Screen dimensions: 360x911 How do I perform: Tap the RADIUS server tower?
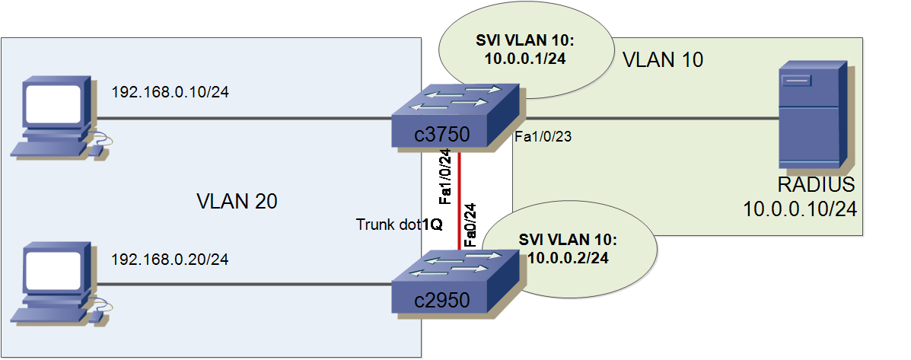click(x=812, y=116)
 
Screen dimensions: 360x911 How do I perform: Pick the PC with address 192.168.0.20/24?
click(x=58, y=282)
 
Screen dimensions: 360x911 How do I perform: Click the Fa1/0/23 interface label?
click(x=543, y=138)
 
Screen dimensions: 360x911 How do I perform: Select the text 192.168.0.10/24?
click(x=170, y=93)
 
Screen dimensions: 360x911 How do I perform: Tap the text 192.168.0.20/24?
click(x=170, y=260)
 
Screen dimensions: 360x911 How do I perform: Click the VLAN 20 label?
click(x=237, y=202)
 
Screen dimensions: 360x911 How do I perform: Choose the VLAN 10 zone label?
click(x=662, y=59)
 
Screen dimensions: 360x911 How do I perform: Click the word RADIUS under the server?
click(x=816, y=185)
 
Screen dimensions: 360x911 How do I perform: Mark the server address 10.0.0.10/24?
click(x=801, y=209)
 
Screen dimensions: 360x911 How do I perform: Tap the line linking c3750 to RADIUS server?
click(x=647, y=119)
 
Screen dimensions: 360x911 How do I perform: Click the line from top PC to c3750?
click(x=244, y=119)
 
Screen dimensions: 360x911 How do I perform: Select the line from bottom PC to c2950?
click(x=244, y=285)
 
